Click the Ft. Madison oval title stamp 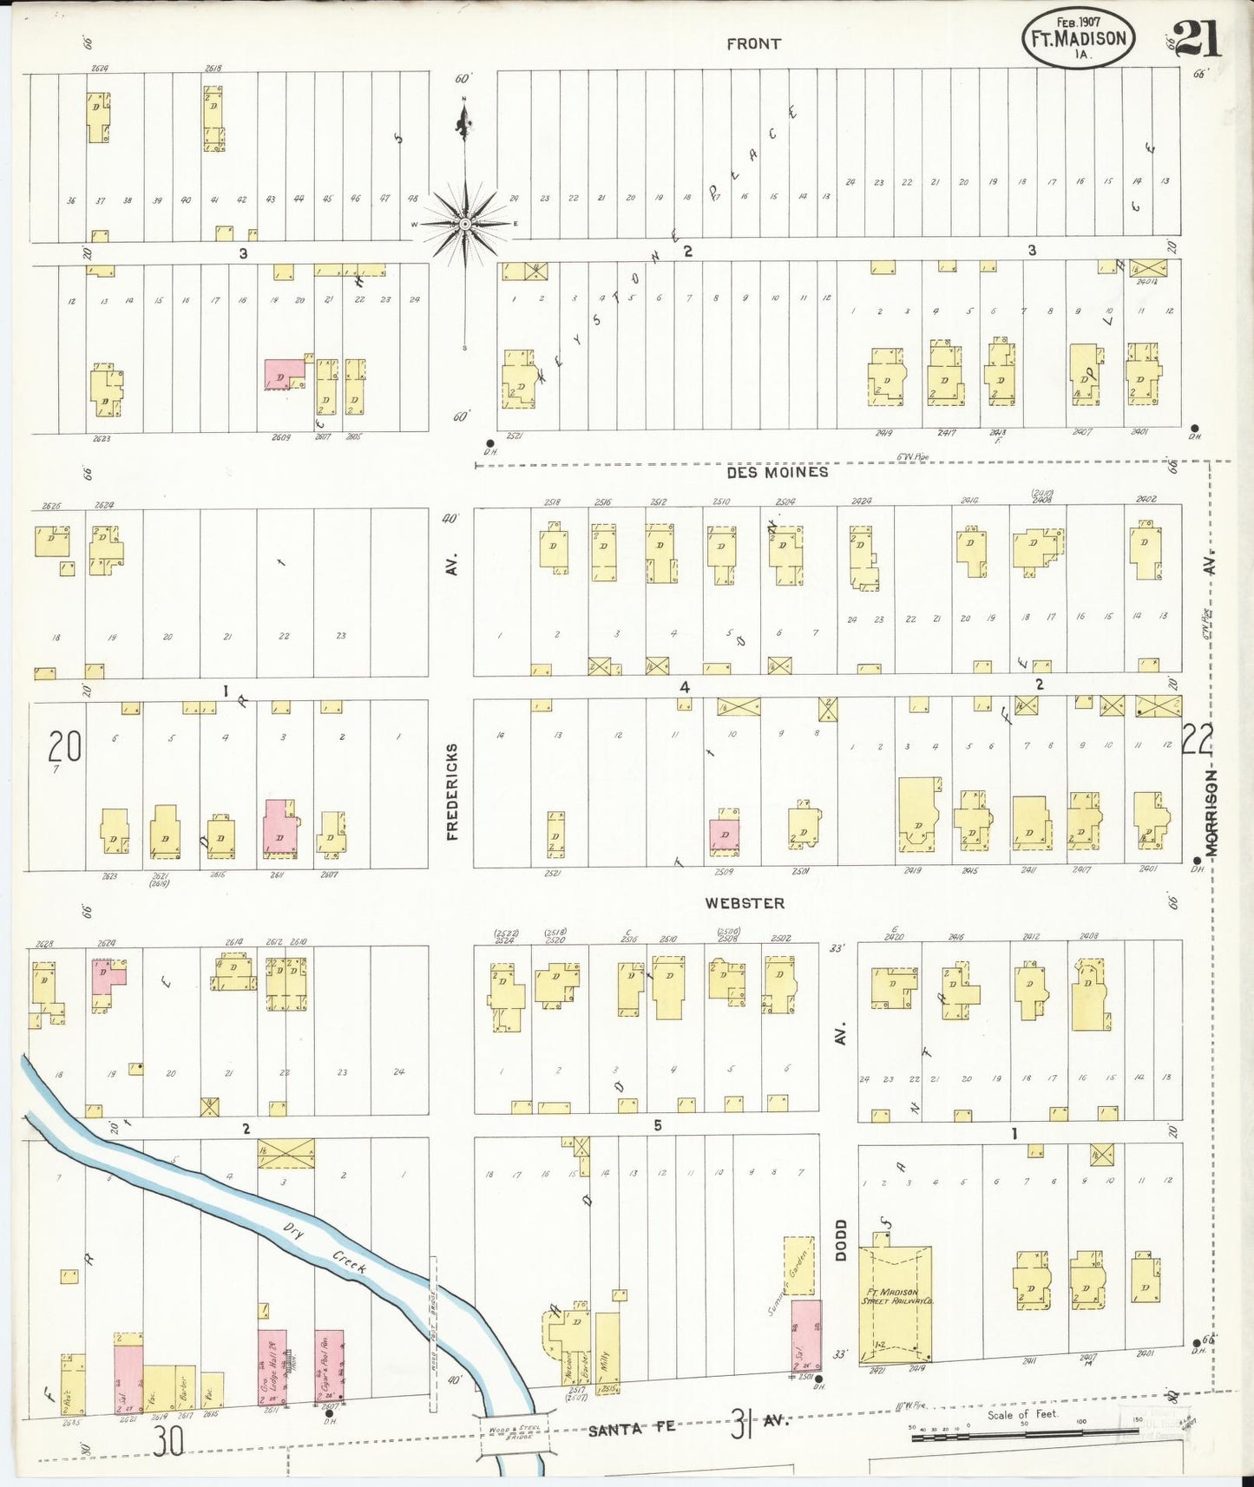coord(1079,40)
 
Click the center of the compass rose coord(465,224)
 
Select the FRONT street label coord(753,43)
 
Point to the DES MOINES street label coord(778,472)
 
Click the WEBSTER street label coord(745,903)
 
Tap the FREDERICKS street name coord(452,791)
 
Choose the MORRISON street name coord(1211,812)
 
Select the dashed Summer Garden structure coord(798,1268)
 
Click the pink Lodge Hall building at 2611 coord(272,1366)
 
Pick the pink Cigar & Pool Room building coord(329,1366)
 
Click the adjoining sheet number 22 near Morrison coord(1198,740)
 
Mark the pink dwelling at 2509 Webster coord(725,833)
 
